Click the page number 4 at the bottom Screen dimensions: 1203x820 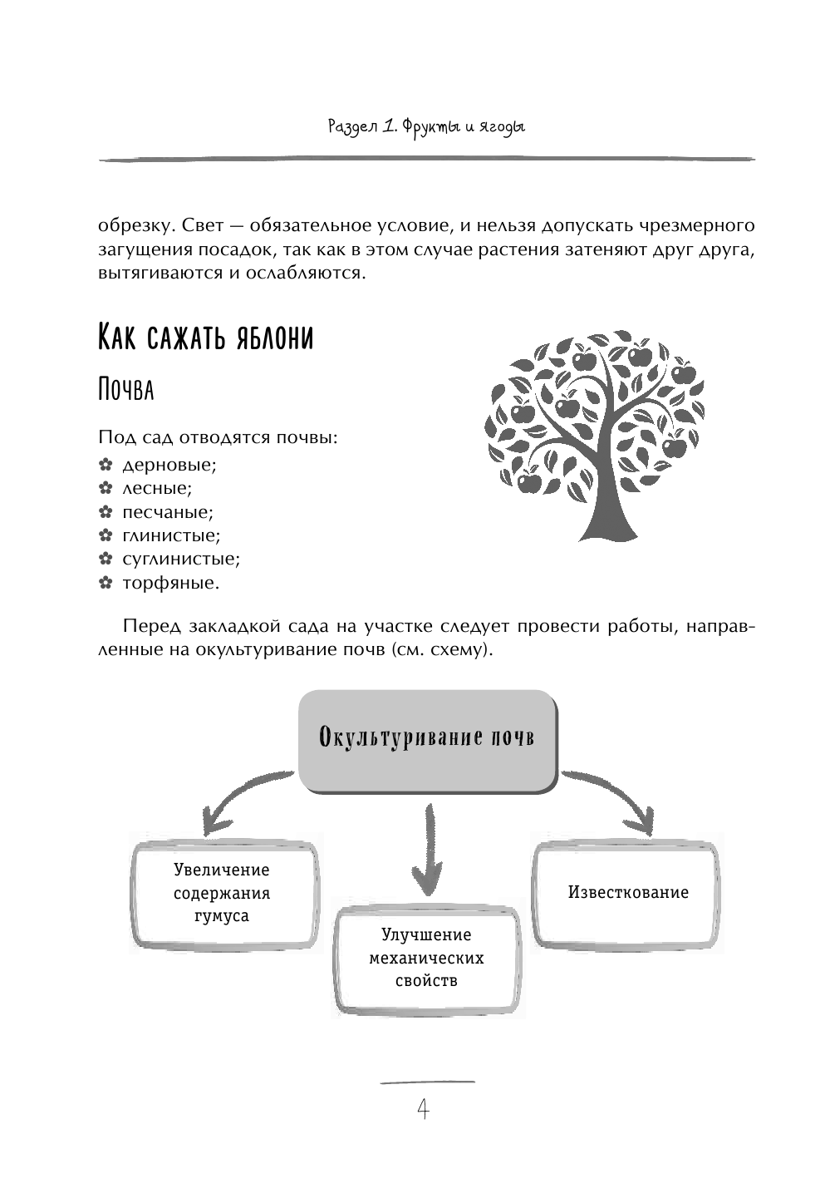(x=423, y=1109)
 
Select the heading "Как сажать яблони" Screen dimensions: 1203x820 (x=205, y=338)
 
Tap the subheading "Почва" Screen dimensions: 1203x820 (x=125, y=389)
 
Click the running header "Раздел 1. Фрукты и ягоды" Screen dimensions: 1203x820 (x=426, y=127)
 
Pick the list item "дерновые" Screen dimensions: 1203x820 (x=169, y=465)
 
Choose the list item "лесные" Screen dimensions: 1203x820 (x=157, y=488)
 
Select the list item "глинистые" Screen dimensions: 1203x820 (x=171, y=535)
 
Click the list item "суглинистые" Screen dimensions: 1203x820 (x=181, y=559)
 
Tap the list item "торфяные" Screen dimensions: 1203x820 (x=171, y=583)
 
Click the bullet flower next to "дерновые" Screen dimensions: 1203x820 (x=105, y=465)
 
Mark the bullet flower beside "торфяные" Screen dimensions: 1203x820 (x=105, y=583)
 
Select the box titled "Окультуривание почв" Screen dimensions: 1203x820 (x=426, y=738)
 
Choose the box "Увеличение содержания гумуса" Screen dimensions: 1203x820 (x=222, y=894)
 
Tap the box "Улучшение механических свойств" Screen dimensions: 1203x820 (x=426, y=959)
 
